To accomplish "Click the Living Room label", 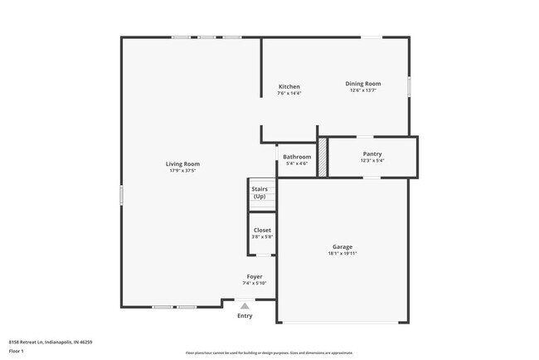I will [183, 164].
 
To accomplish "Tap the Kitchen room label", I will [289, 87].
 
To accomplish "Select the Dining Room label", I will [363, 84].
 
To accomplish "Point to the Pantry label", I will [372, 153].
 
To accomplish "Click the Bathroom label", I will [297, 157].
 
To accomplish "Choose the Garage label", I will [342, 246].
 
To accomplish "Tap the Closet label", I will [262, 230].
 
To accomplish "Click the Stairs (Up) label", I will [260, 192].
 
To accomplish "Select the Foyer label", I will [255, 276].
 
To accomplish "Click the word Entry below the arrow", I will [245, 316].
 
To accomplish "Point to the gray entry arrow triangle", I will [245, 306].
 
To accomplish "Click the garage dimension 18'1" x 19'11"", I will [342, 253].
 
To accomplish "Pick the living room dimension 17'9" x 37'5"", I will [183, 171].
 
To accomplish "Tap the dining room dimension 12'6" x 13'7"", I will [363, 90].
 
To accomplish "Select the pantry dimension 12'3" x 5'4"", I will [372, 160].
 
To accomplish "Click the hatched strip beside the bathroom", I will [323, 158].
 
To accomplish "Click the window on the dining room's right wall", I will [409, 87].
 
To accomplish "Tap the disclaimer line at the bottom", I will [269, 353].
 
